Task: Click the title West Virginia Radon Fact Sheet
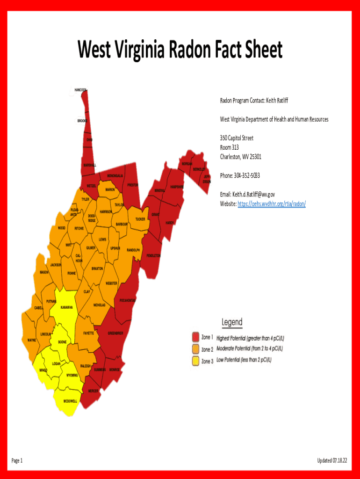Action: [x=180, y=50]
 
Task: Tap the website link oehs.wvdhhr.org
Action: [x=272, y=204]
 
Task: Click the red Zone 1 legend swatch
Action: [x=196, y=337]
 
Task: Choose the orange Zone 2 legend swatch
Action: [x=196, y=349]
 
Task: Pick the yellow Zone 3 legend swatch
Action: [x=196, y=361]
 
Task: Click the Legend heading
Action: [x=232, y=322]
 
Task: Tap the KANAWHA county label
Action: [x=66, y=307]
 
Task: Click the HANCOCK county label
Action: [x=80, y=90]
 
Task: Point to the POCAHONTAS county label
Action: [x=128, y=300]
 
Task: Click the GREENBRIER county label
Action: [x=115, y=334]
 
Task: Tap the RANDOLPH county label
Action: [x=133, y=250]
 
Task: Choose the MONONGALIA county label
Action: [x=115, y=176]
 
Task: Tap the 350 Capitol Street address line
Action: [x=237, y=138]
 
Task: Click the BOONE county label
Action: [x=62, y=342]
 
